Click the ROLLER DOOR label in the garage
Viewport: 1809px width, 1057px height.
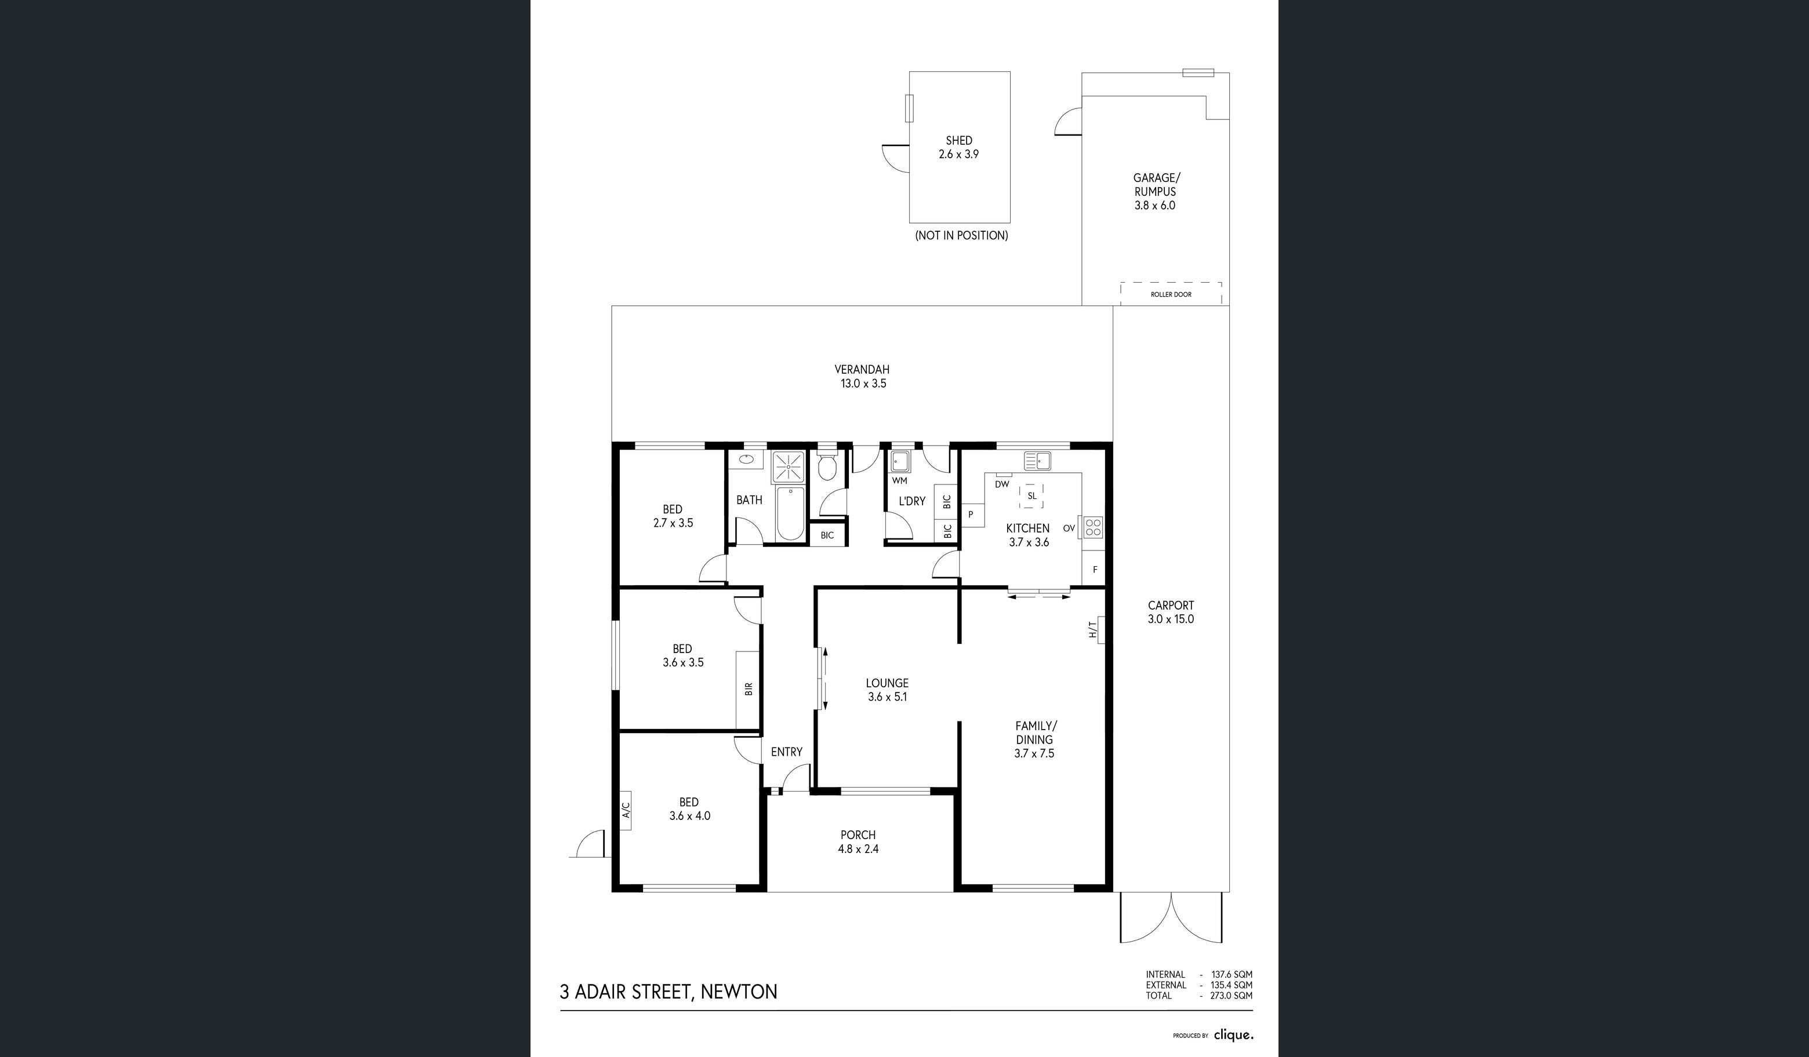[x=1171, y=294]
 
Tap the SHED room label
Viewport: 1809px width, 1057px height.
[x=959, y=141]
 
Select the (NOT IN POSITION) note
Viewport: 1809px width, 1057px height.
[x=961, y=235]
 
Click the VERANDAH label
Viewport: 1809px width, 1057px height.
[x=862, y=370]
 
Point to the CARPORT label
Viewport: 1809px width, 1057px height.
[x=1171, y=605]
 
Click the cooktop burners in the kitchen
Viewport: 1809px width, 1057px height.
[x=1092, y=527]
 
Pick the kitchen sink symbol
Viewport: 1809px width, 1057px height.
[x=1037, y=460]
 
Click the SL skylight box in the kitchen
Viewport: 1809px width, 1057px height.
[x=1031, y=496]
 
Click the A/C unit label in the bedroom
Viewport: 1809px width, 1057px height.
[x=625, y=810]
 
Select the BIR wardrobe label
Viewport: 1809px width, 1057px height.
[x=749, y=689]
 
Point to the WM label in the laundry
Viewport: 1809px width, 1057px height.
[x=899, y=481]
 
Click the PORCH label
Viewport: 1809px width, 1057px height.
[x=858, y=834]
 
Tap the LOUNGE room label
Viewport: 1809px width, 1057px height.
[x=887, y=683]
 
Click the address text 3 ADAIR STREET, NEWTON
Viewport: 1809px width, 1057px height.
[x=669, y=992]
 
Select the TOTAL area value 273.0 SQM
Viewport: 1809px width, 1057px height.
[x=1231, y=996]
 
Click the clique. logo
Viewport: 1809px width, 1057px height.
[x=1234, y=1035]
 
